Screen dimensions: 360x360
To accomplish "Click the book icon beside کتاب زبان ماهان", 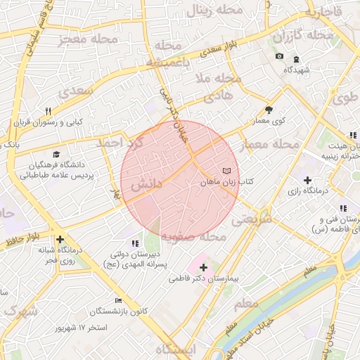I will click(226, 171).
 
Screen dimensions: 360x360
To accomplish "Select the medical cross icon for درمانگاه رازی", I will click(308, 180).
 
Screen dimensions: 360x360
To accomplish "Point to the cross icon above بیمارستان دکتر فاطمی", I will click(204, 267).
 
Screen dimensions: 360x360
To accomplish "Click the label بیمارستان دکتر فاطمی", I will click(204, 279).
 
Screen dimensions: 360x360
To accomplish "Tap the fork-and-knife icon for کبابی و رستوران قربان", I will click(49, 110).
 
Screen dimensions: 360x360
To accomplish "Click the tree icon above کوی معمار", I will click(269, 110).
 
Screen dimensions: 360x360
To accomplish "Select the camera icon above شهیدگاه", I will click(279, 56).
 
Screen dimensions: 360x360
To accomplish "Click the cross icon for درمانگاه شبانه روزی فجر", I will click(60, 239).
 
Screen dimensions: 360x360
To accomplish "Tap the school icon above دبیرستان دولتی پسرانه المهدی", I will click(135, 243).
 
